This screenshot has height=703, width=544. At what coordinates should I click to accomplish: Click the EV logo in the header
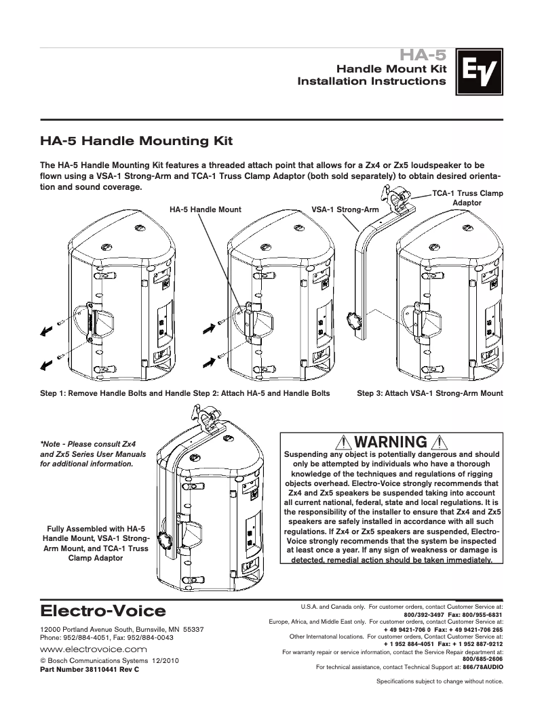pyautogui.click(x=478, y=71)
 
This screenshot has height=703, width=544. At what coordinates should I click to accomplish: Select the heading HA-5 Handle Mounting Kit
pyautogui.click(x=136, y=142)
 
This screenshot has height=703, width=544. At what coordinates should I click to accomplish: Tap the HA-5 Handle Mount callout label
pyautogui.click(x=205, y=210)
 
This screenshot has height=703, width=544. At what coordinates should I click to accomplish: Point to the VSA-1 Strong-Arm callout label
pyautogui.click(x=345, y=210)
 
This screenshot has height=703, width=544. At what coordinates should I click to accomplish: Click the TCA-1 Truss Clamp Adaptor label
pyautogui.click(x=467, y=198)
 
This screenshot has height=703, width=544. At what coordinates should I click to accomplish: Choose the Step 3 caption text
pyautogui.click(x=430, y=393)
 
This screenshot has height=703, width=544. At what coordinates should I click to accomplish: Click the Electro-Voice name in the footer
pyautogui.click(x=103, y=611)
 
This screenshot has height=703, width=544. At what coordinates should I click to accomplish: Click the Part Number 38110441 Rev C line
pyautogui.click(x=90, y=669)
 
